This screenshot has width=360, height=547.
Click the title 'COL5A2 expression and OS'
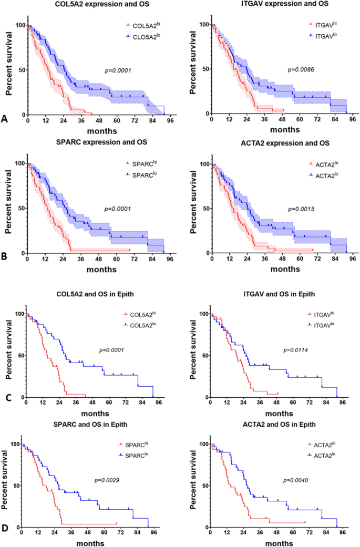pos(95,4)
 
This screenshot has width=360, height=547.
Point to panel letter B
pos(5,258)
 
